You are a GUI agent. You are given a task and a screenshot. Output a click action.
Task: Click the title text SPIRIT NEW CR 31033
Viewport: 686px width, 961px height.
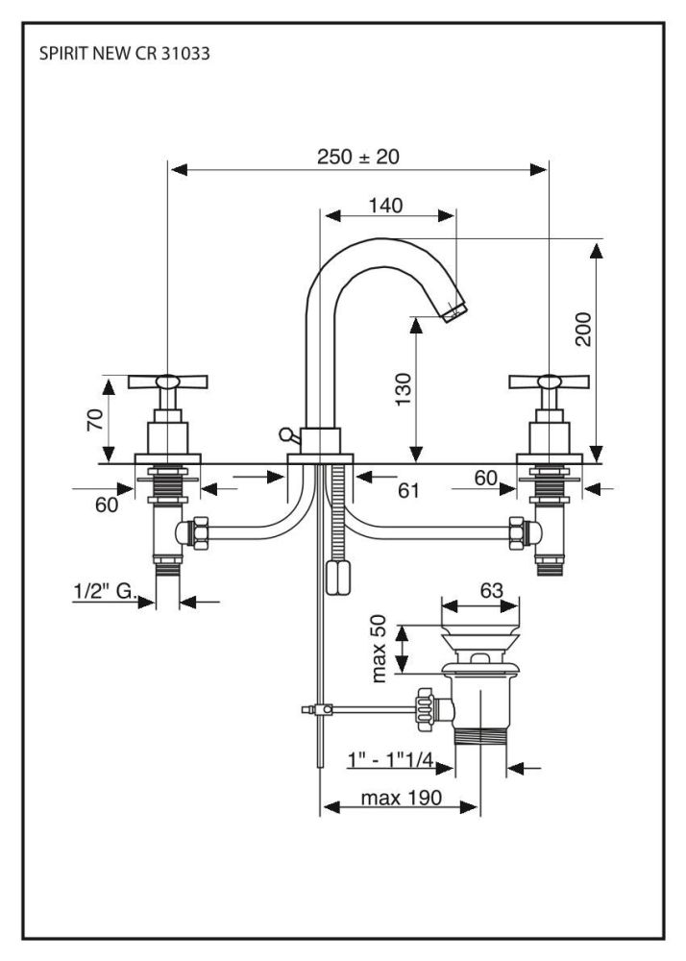(124, 54)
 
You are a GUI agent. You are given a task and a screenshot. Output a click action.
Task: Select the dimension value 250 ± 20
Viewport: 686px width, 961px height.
(358, 157)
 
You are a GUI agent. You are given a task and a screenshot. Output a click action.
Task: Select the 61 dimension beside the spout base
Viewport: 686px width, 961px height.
(409, 491)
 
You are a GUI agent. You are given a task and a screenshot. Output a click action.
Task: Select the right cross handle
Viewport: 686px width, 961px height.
(548, 383)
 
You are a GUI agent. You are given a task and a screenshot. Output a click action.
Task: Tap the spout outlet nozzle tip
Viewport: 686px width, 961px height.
(455, 309)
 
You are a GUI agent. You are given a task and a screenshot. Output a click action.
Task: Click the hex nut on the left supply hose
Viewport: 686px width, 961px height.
(199, 531)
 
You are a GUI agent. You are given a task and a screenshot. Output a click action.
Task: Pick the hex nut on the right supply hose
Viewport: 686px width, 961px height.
(516, 531)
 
